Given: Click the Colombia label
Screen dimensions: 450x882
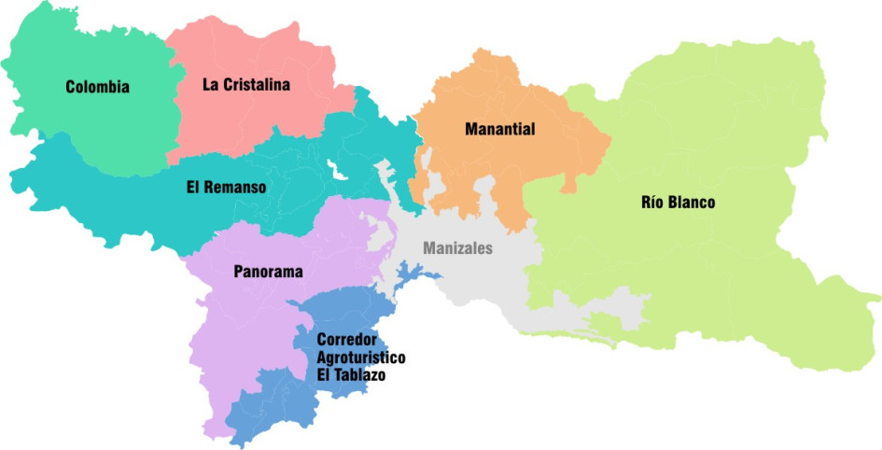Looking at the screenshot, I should click(x=97, y=88).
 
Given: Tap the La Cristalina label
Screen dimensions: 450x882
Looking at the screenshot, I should click(x=246, y=84).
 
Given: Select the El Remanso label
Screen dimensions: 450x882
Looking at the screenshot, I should click(x=226, y=188).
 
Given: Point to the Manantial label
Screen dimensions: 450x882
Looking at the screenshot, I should click(x=499, y=130).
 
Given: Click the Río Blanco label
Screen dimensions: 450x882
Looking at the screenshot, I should click(x=679, y=203).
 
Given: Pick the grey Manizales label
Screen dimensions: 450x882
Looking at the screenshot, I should click(x=457, y=249).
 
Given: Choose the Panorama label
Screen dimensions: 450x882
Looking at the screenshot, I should click(x=268, y=273).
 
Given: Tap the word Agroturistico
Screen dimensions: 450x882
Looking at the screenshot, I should click(x=360, y=358).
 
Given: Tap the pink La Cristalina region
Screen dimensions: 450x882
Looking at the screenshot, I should click(x=243, y=121).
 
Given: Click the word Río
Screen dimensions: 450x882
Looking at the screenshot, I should click(x=652, y=203).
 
